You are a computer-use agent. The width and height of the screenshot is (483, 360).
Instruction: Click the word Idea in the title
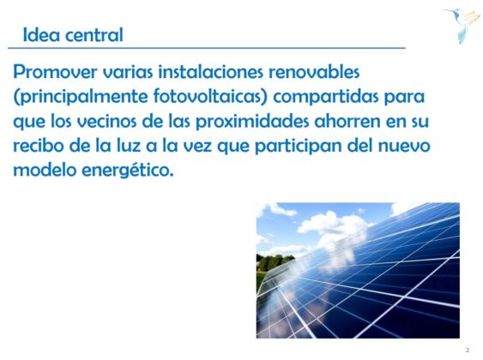tap(41, 34)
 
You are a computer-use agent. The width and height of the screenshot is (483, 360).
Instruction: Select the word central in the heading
tap(94, 34)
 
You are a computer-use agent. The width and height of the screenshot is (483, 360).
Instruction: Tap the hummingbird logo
tap(462, 25)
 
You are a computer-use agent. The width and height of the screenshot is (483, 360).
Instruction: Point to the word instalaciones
tap(211, 72)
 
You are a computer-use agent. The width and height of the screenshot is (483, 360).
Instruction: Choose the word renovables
tap(314, 72)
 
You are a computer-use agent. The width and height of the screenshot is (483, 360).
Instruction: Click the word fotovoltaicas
tap(208, 96)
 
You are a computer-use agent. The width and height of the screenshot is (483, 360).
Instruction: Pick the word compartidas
tap(326, 97)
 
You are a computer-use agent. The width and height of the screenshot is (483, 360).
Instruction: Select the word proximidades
tap(252, 122)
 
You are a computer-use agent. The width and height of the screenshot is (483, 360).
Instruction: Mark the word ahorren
tap(347, 121)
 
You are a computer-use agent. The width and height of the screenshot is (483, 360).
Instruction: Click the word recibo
tap(39, 145)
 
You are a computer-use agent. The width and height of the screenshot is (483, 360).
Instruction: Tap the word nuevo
tap(404, 146)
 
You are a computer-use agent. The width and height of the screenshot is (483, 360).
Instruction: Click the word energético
tap(128, 171)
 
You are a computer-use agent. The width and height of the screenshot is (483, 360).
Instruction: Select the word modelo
tap(45, 170)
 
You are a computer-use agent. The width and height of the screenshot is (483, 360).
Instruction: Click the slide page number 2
tap(468, 350)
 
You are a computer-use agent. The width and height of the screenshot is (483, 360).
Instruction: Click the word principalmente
tap(81, 97)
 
